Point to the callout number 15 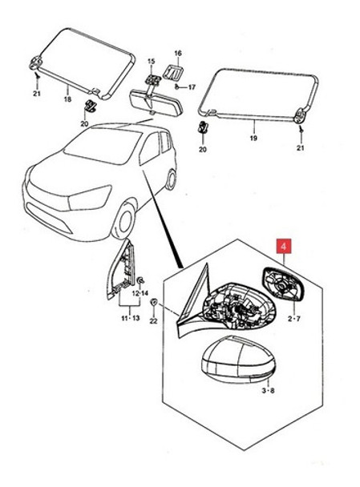pyautogui.click(x=150, y=62)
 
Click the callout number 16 pyautogui.click(x=178, y=53)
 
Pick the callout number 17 pyautogui.click(x=192, y=87)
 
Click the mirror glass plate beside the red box pyautogui.click(x=282, y=284)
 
